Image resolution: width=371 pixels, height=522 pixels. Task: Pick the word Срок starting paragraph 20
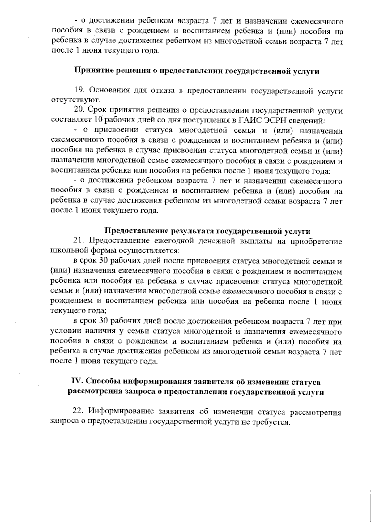pos(97,110)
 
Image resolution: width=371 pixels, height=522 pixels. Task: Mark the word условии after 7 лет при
pos(63,332)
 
